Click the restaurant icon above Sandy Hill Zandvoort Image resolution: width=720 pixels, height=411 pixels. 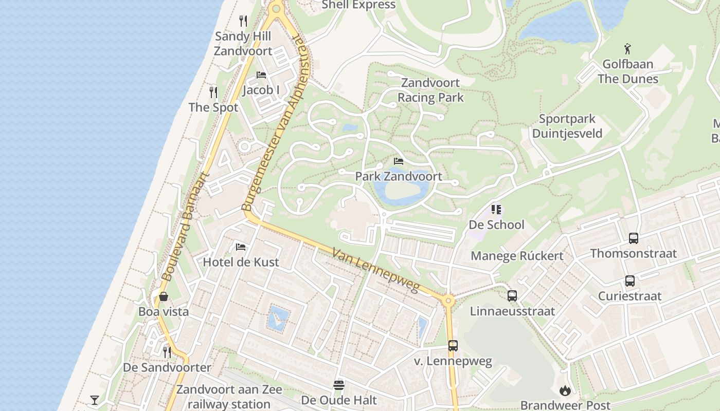coord(243,21)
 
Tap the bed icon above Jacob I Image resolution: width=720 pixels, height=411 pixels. coord(261,74)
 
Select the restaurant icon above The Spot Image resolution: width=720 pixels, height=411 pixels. coord(213,92)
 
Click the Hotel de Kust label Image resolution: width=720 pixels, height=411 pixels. coord(241,262)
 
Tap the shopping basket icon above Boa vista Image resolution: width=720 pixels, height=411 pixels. coord(164,296)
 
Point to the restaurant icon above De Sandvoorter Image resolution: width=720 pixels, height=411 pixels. coord(167,352)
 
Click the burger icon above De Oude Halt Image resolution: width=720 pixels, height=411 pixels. coord(338,385)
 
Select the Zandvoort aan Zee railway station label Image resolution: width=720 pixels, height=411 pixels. coord(223,397)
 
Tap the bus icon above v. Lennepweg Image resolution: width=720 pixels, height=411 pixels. coord(453,346)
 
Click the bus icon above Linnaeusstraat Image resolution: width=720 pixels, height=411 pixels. coord(512,296)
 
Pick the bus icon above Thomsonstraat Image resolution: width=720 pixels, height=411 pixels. coord(633,238)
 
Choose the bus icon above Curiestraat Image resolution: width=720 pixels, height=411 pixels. coord(629,281)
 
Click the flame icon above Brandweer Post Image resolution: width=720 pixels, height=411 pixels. coord(565,391)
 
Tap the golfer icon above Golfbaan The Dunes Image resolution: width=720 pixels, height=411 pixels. coord(627,49)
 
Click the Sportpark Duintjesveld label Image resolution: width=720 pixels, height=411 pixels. coord(567,126)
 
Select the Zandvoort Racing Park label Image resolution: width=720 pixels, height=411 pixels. coord(430,90)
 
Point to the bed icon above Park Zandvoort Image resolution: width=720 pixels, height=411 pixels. coord(399,161)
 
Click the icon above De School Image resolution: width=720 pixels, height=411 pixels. coord(496,210)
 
